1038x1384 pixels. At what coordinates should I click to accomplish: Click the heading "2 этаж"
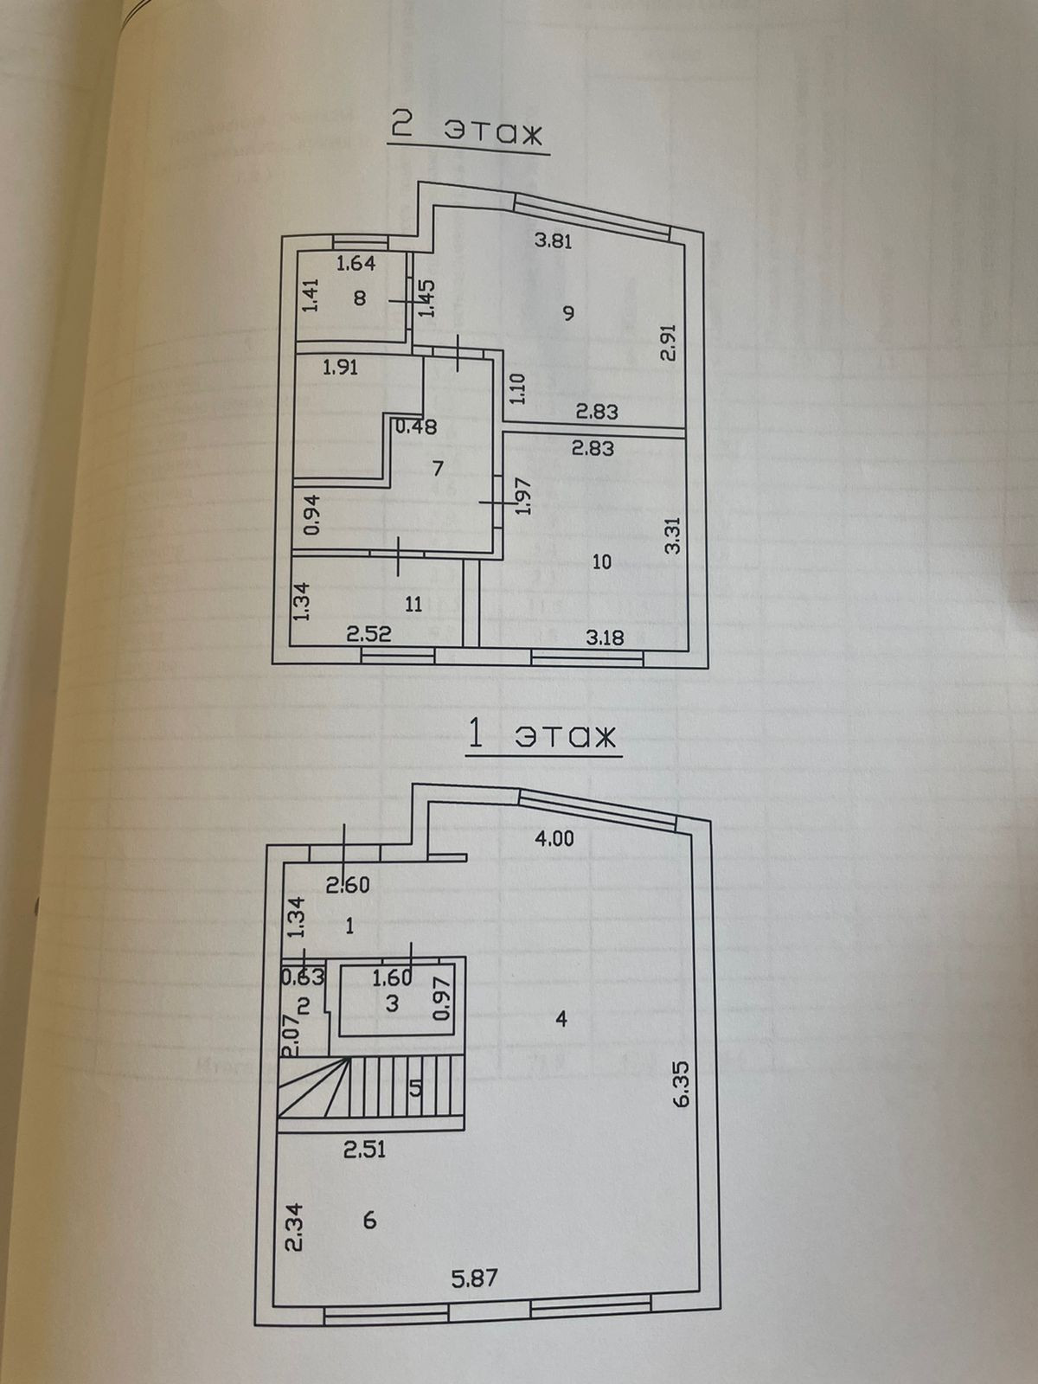(466, 130)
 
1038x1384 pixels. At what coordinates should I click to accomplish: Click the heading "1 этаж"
(541, 736)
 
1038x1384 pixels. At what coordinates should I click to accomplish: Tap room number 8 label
(360, 298)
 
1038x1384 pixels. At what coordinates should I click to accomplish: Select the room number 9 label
(567, 312)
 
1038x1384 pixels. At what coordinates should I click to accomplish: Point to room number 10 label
(602, 561)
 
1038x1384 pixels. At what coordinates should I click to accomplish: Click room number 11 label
(413, 604)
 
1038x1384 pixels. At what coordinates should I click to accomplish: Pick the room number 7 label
(438, 469)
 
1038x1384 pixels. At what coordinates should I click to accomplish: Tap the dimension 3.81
(553, 241)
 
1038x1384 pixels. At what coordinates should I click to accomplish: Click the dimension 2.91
(667, 343)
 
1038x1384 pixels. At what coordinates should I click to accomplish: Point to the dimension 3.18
(605, 638)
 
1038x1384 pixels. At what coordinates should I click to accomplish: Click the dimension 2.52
(368, 634)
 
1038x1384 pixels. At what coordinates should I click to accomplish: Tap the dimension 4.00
(554, 837)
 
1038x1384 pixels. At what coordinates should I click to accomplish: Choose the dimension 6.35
(682, 1084)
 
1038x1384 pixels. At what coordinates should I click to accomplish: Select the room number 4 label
(561, 1020)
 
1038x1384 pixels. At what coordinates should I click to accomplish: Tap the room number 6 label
(369, 1220)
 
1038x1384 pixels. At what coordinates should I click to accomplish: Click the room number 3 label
(392, 1004)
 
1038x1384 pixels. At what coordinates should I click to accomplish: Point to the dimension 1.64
(356, 264)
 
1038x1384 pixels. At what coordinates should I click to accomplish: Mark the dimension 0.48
(416, 426)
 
